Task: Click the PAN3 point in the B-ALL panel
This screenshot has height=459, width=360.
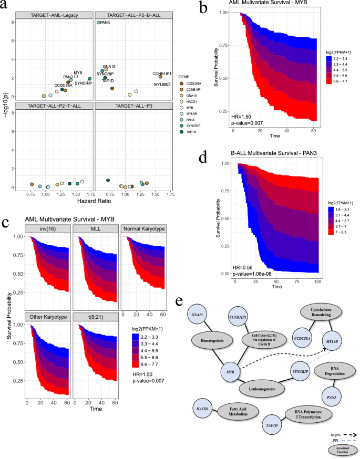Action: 98,23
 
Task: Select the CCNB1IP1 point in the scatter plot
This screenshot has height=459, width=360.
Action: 160,77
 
